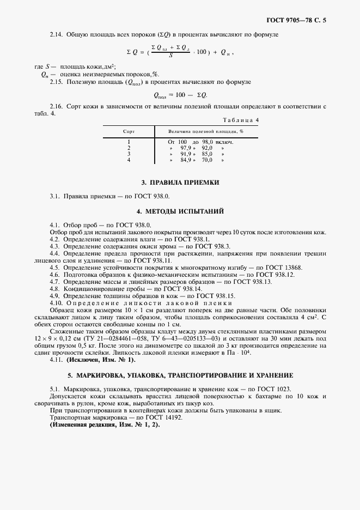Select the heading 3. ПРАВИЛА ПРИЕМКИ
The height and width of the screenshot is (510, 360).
pyautogui.click(x=180, y=183)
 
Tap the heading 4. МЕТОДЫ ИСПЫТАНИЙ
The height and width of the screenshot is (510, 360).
pyautogui.click(x=180, y=210)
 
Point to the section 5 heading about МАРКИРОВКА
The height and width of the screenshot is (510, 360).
pyautogui.click(x=180, y=375)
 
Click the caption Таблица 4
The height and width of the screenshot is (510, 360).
pyautogui.click(x=241, y=119)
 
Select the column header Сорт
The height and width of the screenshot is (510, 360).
pyautogui.click(x=129, y=131)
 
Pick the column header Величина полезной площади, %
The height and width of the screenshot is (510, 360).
pyautogui.click(x=205, y=131)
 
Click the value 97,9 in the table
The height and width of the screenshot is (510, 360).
pyautogui.click(x=188, y=148)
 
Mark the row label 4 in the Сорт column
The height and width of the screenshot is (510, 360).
pyautogui.click(x=129, y=160)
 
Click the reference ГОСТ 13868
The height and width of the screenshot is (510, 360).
pyautogui.click(x=283, y=267)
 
